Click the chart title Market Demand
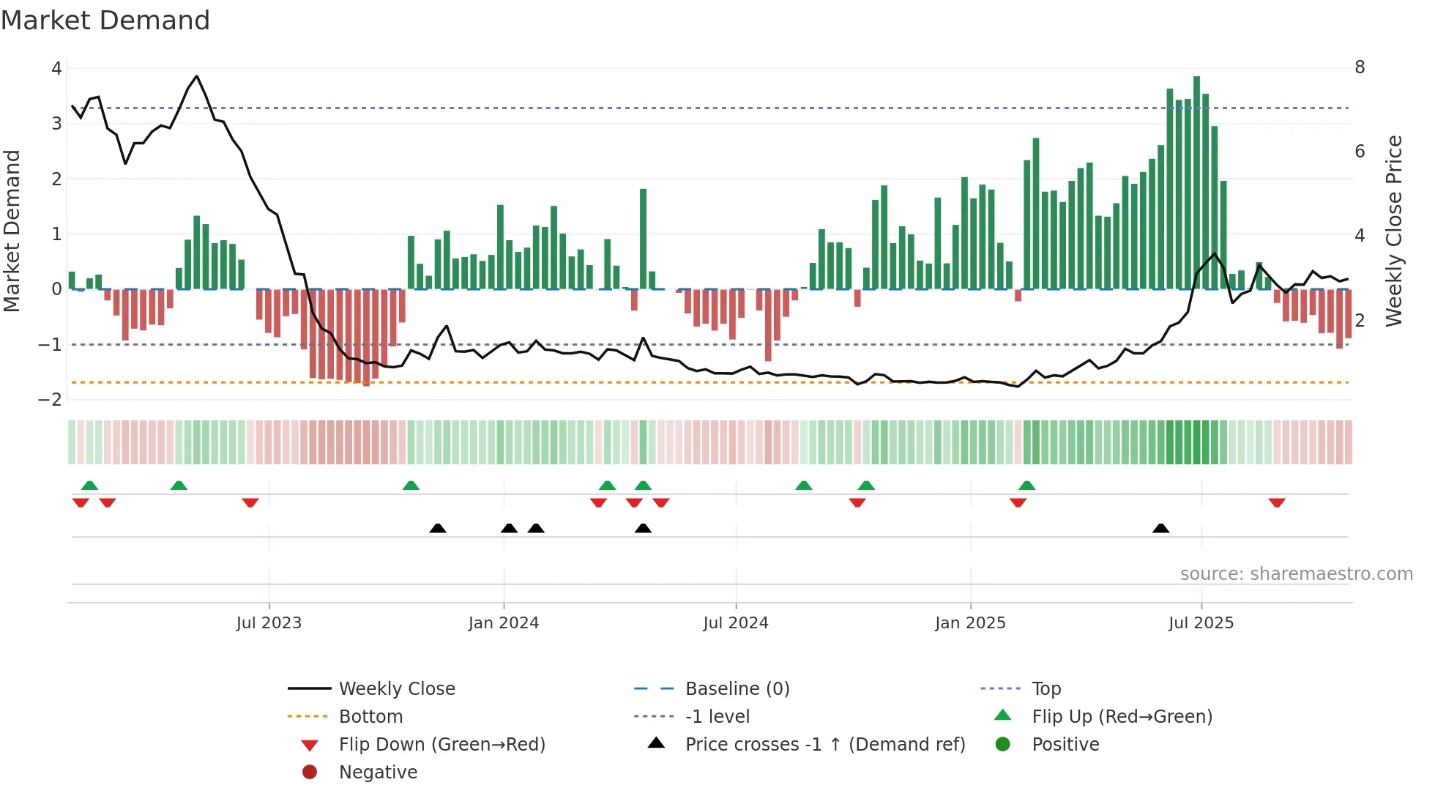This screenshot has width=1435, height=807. click(x=105, y=21)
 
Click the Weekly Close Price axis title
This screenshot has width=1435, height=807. click(x=1394, y=231)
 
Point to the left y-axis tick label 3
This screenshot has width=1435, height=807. click(x=56, y=123)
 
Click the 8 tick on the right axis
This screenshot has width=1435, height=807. click(x=1360, y=67)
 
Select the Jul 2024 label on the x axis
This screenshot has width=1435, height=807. click(x=736, y=623)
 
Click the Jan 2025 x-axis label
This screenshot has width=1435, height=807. click(x=970, y=623)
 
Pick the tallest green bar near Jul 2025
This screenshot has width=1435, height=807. click(x=1196, y=183)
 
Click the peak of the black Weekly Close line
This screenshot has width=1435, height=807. click(x=196, y=76)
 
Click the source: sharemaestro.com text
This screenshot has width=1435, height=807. click(x=1296, y=574)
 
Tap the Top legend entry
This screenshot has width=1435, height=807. click(x=1045, y=689)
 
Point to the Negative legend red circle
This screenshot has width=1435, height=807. click(x=310, y=773)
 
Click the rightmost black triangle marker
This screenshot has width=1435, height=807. click(x=1160, y=528)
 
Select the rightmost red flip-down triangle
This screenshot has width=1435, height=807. click(x=1277, y=503)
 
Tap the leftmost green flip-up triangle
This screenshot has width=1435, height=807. click(x=89, y=485)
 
